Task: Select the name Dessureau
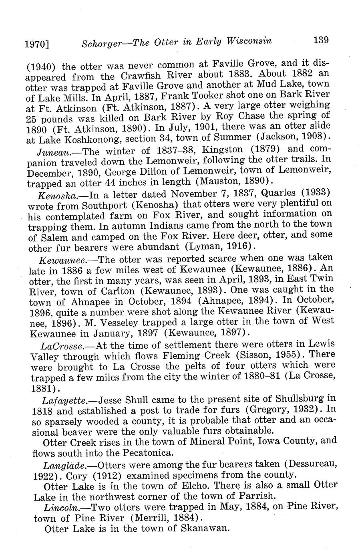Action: point(314,464)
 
